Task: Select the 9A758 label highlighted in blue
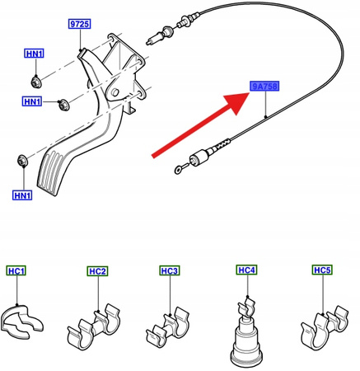265,87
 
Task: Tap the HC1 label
16,270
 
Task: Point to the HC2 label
98,270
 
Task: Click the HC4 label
246,270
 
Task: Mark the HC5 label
322,270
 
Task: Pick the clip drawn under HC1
23,325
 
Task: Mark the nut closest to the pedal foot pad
22,157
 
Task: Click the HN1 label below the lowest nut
21,195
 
